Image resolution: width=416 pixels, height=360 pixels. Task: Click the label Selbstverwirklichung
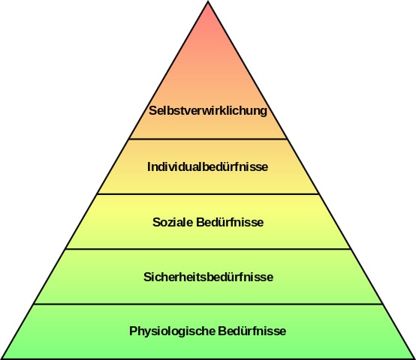pyautogui.click(x=208, y=111)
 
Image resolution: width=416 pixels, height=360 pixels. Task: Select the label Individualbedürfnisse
pyautogui.click(x=207, y=166)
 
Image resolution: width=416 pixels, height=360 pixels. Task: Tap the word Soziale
pyautogui.click(x=173, y=222)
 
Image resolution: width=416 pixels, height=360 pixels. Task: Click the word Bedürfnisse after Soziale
pyautogui.click(x=230, y=222)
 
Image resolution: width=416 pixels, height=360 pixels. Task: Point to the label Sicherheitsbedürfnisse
pyautogui.click(x=208, y=277)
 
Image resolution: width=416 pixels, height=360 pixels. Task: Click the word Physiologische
pyautogui.click(x=172, y=331)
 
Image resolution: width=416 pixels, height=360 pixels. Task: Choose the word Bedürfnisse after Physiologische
pyautogui.click(x=252, y=331)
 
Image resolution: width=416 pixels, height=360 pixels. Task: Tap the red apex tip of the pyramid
pyautogui.click(x=208, y=1)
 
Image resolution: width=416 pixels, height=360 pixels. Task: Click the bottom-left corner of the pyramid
pyautogui.click(x=2, y=358)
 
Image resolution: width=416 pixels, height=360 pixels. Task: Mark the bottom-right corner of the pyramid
pyautogui.click(x=414, y=358)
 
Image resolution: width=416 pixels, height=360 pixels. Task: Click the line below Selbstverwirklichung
pyautogui.click(x=208, y=139)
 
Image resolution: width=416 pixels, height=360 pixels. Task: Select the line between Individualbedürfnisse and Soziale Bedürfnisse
pyautogui.click(x=208, y=194)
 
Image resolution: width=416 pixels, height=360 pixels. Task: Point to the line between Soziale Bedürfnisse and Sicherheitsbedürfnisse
pyautogui.click(x=208, y=249)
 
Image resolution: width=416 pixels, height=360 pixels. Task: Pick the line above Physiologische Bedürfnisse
pyautogui.click(x=208, y=304)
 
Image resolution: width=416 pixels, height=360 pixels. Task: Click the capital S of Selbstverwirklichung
pyautogui.click(x=152, y=111)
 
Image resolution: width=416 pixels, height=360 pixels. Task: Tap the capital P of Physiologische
pyautogui.click(x=133, y=331)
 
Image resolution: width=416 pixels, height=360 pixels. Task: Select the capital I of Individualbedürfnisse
pyautogui.click(x=149, y=166)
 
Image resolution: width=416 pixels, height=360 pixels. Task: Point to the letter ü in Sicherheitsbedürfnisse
pyautogui.click(x=233, y=277)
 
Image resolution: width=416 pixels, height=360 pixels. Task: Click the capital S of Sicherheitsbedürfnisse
pyautogui.click(x=147, y=277)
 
